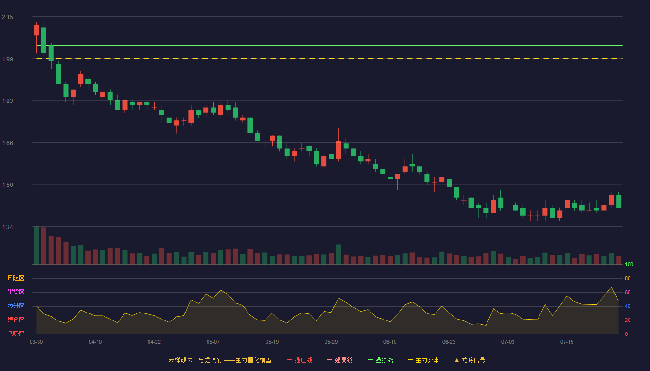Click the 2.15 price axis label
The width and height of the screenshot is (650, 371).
coord(7,17)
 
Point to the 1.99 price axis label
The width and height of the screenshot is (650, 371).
coord(7,59)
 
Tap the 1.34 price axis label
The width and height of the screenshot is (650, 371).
coord(7,227)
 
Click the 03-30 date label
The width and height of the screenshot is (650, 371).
coord(36,342)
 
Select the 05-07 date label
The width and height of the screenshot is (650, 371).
coord(213,342)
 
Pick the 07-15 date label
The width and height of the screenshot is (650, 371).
coord(567,342)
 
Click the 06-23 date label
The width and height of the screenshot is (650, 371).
coord(449,342)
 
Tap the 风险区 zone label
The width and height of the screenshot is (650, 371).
coord(16,278)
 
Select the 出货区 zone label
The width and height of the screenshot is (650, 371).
coord(16,292)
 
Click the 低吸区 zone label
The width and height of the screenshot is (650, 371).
coord(16,333)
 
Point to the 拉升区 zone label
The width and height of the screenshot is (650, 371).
coord(16,306)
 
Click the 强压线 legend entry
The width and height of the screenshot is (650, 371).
coord(300,360)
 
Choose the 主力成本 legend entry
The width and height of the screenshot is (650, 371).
coord(423,360)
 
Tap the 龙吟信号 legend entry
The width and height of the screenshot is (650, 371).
coord(470,360)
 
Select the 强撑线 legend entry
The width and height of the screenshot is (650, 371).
coord(380,360)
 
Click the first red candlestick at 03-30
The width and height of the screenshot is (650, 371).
coord(36,30)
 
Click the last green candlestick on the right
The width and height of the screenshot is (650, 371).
coord(618,201)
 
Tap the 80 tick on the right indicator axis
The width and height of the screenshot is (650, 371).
coord(628,278)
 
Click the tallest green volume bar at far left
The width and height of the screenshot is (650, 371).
coord(36,245)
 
